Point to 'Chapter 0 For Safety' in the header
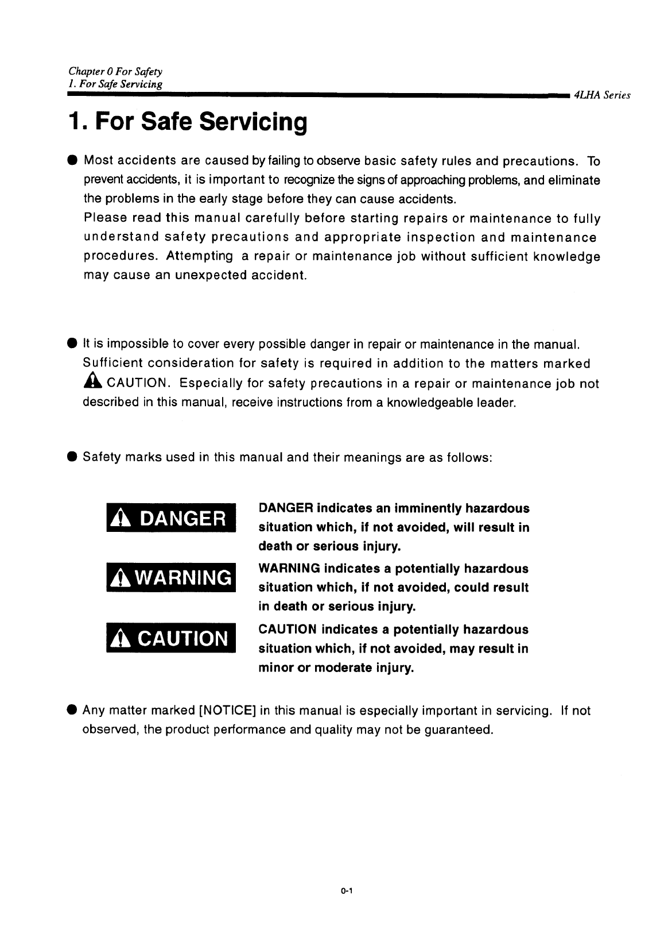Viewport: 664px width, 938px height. point(115,72)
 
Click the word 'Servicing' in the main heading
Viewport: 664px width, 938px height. point(253,122)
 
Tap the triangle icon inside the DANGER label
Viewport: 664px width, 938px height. point(117,519)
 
